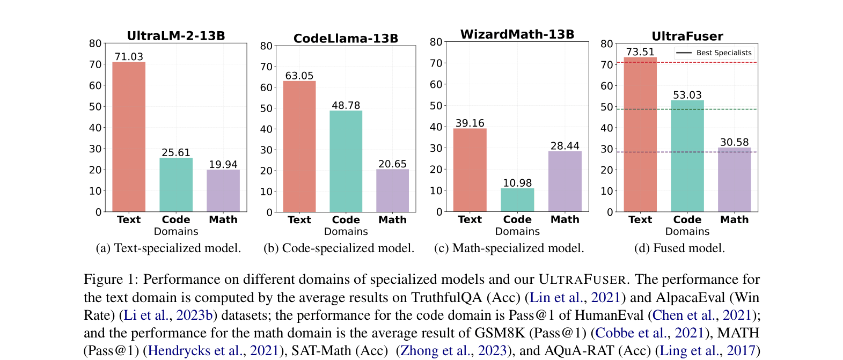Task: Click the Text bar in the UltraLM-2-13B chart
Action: click(129, 137)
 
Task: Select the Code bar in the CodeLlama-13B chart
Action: click(346, 161)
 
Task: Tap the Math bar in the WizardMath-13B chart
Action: click(565, 181)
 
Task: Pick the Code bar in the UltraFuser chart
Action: click(687, 156)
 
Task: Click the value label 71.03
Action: click(129, 57)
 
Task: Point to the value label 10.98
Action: click(517, 183)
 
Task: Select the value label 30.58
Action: click(734, 142)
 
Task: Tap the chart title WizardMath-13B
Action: click(517, 34)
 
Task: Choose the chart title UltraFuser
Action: click(687, 36)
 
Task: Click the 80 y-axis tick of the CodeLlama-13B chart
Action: click(266, 46)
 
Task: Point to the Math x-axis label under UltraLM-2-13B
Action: click(223, 219)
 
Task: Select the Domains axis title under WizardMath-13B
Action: click(517, 231)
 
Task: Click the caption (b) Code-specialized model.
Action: click(339, 248)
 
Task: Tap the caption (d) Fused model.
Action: click(679, 248)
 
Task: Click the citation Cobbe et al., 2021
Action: click(649, 333)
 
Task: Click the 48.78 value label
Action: click(346, 106)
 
